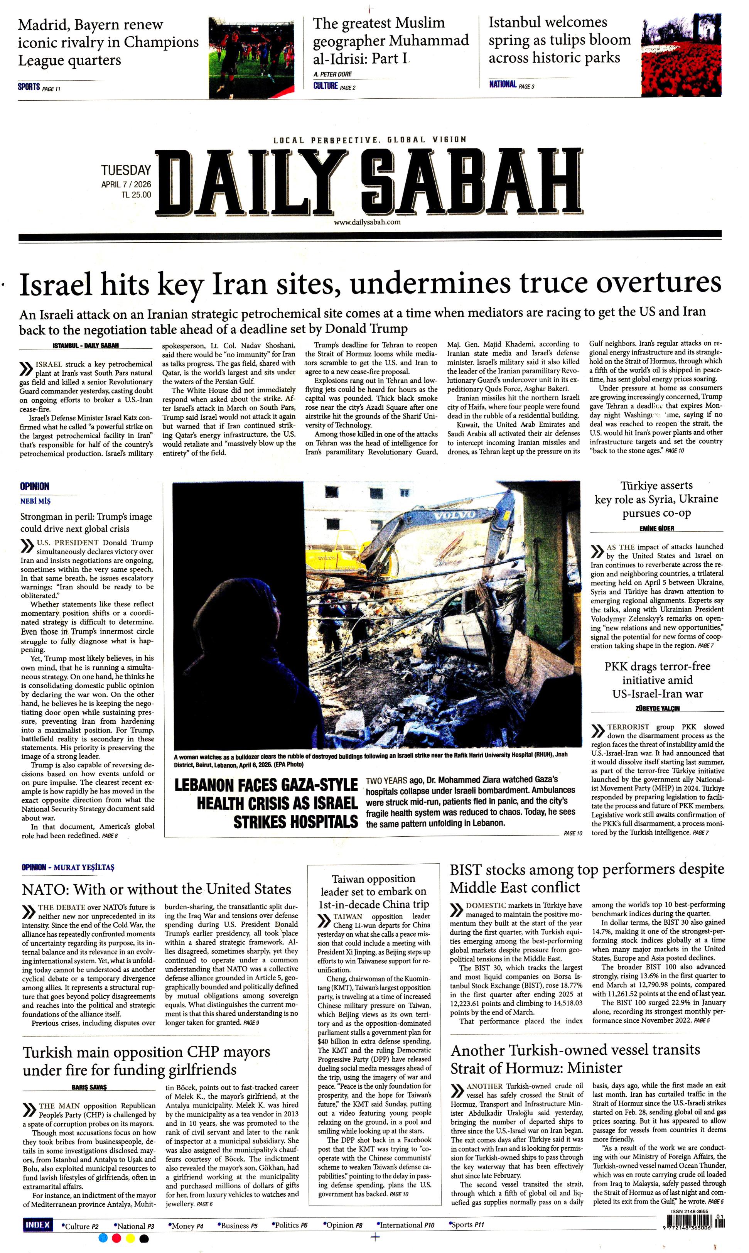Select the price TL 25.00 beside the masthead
136,195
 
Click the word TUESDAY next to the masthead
126,171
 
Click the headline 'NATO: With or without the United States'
157,889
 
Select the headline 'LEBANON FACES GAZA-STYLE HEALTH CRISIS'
266,803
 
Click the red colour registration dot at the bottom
116,1238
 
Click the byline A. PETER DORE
332,74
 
